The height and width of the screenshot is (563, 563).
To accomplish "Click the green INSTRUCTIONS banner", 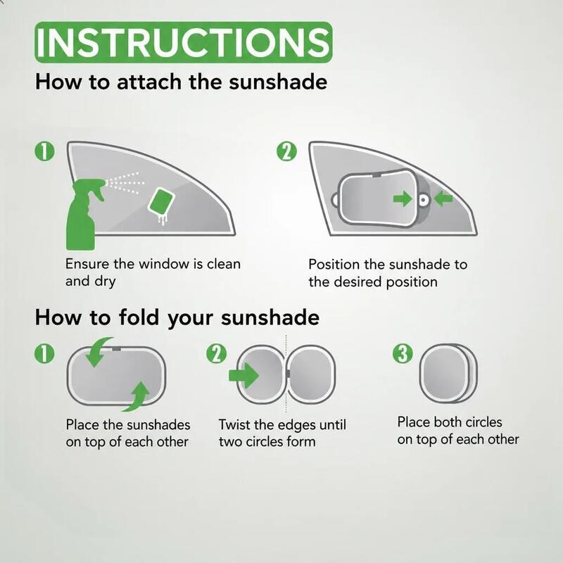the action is (184, 42).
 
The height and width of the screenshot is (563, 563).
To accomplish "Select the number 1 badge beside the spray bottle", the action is (44, 151).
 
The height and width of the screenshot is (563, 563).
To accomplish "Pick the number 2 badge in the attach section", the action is (287, 151).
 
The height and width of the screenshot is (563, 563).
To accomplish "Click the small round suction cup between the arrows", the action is (424, 199).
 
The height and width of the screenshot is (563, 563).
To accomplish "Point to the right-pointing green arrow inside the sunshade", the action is (403, 198).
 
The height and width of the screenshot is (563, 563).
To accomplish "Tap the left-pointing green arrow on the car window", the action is (443, 198).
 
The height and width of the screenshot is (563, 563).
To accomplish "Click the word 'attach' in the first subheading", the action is (151, 82).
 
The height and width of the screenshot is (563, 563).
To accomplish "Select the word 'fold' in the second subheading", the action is (139, 317).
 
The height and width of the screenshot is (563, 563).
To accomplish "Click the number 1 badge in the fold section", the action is (44, 354).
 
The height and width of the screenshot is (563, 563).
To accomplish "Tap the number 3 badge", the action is (403, 353).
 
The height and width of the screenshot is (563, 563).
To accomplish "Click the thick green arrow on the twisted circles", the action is (243, 376).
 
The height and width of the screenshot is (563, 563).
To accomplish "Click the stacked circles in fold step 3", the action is (448, 374).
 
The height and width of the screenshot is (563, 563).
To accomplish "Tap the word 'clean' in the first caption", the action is (224, 264).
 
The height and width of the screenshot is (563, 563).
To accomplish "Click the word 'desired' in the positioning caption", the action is (358, 282).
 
